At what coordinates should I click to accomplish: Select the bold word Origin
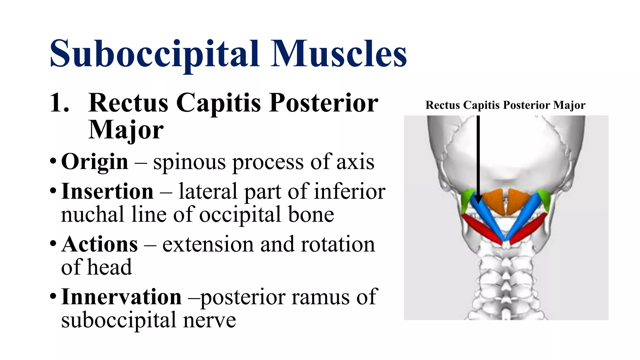(95, 162)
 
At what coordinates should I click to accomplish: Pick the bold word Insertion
(107, 191)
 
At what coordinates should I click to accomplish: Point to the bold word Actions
(100, 244)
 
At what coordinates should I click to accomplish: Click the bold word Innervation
(121, 297)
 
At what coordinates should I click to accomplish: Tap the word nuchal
(92, 215)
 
